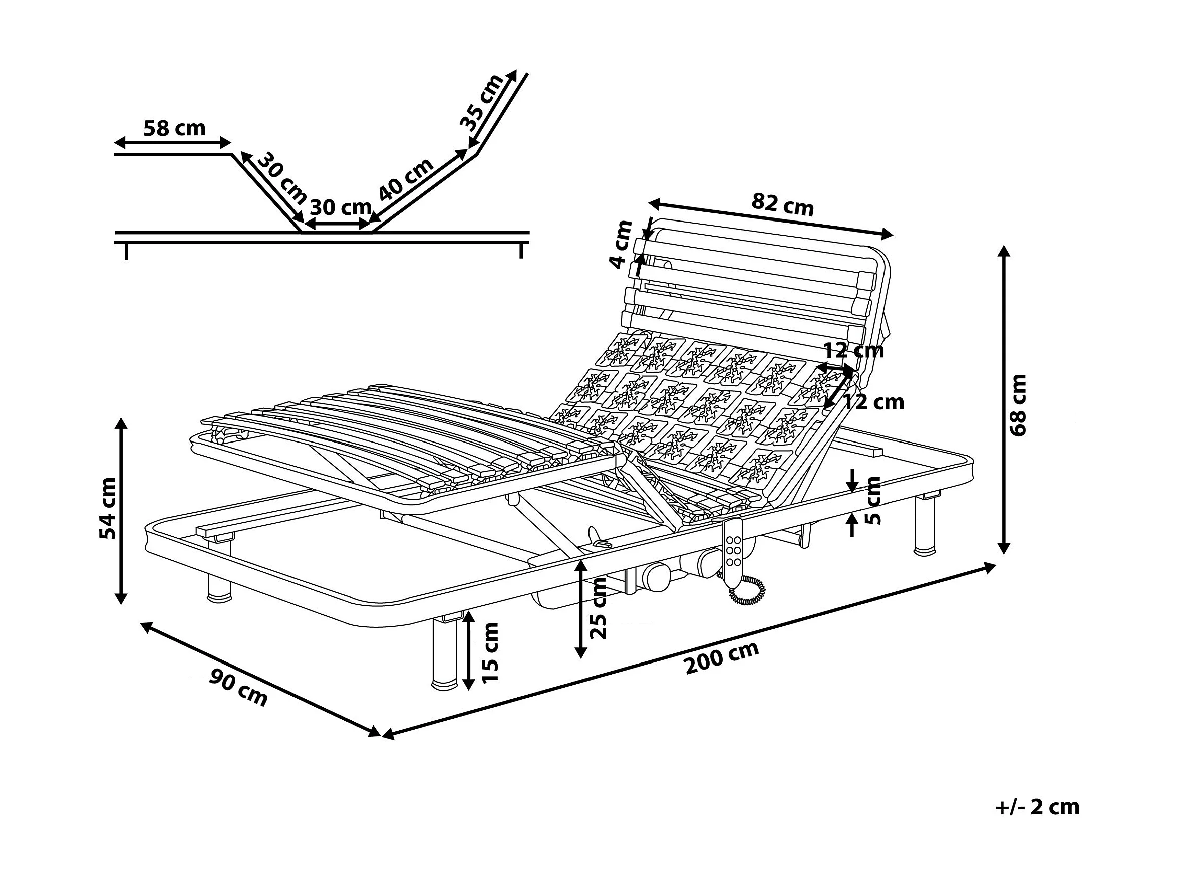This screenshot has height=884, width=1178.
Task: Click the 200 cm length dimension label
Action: (722, 658)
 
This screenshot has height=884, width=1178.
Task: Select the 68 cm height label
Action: (1018, 405)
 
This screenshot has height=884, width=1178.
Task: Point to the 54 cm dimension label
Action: (108, 508)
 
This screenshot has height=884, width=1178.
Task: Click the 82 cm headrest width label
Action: (782, 204)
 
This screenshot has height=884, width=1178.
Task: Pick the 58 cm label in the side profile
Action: (174, 128)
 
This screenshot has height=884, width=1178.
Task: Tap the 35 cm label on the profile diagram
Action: (481, 103)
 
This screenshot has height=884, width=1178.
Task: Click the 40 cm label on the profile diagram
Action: (405, 179)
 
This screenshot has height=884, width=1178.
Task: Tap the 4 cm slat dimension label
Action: (621, 245)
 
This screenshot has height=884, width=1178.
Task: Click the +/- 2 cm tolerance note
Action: (1037, 807)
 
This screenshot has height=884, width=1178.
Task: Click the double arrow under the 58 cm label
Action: (173, 143)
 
